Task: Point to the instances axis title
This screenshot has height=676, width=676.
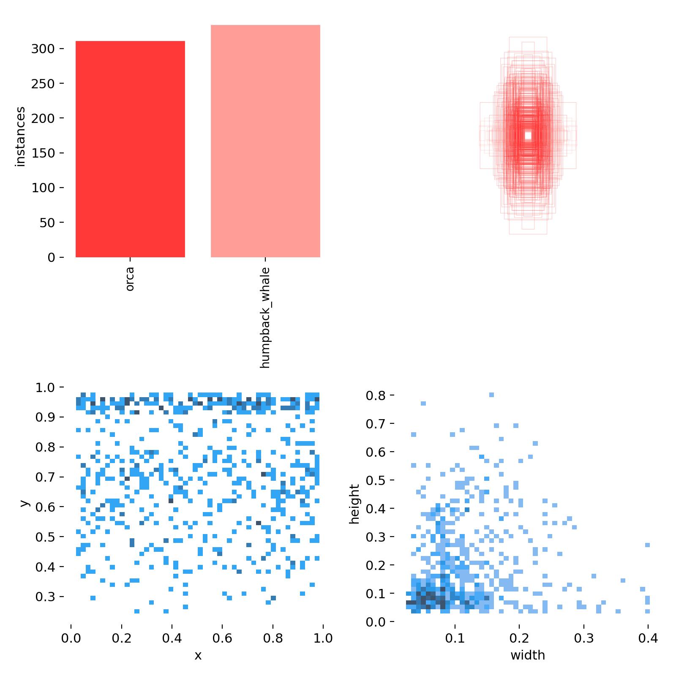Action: pos(20,137)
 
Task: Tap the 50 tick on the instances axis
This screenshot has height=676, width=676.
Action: pos(47,223)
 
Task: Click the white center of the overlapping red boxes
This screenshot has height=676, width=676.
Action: pos(528,136)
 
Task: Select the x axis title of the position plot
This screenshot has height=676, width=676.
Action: pos(198,656)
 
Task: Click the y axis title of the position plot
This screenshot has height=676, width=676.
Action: pos(24,503)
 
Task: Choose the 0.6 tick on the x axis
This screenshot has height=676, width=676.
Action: pos(223,638)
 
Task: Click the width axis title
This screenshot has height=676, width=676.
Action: pos(528,656)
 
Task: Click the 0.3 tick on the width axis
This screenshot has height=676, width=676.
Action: pos(584,638)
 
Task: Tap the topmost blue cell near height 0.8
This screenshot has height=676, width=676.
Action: pos(491,395)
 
